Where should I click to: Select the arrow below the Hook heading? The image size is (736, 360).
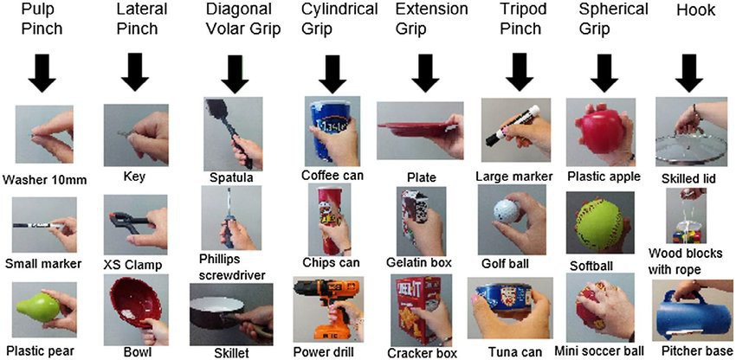pyautogui.click(x=689, y=74)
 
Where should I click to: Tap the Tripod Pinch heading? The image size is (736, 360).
pyautogui.click(x=519, y=21)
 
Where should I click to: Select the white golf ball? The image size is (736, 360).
pyautogui.click(x=504, y=212)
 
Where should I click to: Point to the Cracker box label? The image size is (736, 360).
pyautogui.click(x=423, y=352)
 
